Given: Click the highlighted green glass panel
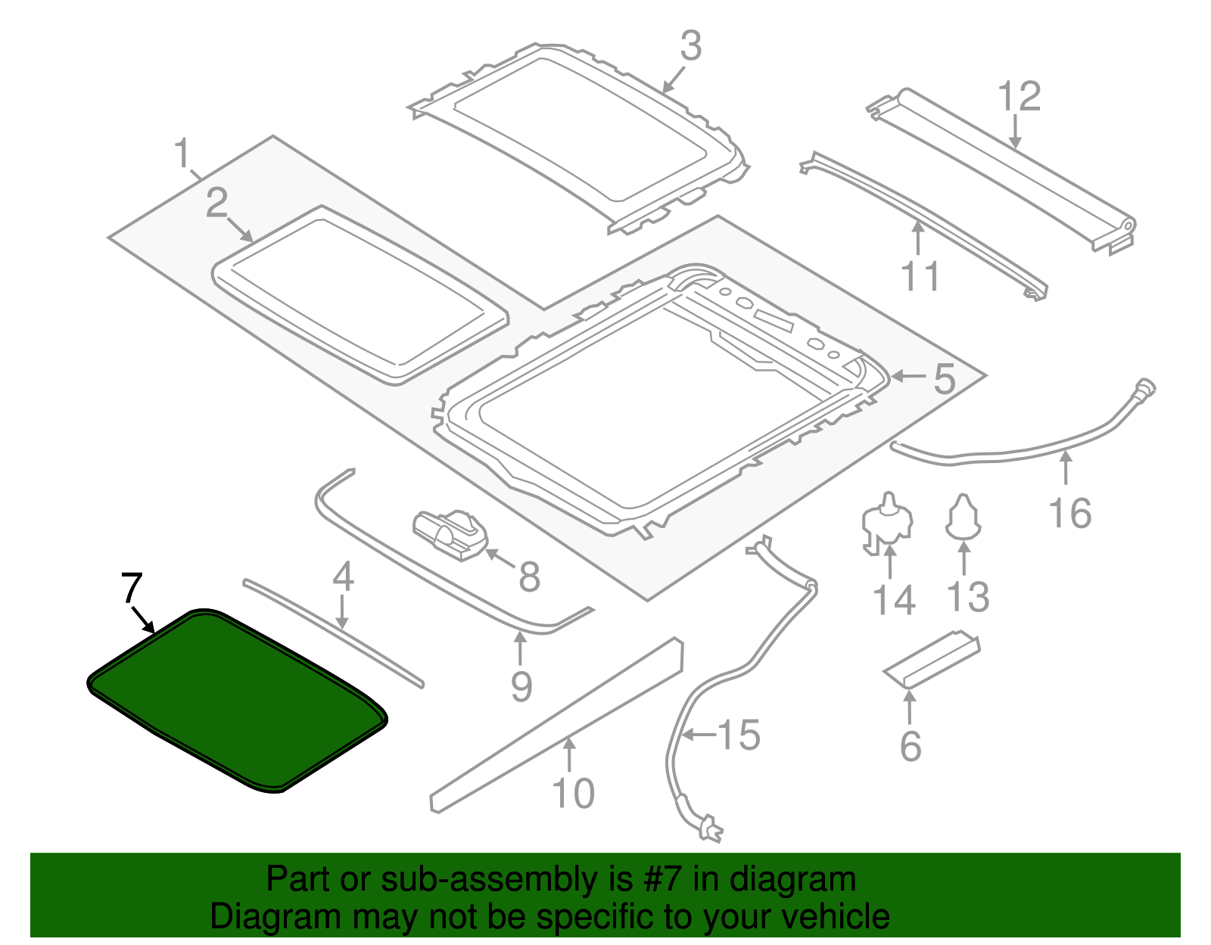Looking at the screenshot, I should coord(235,700).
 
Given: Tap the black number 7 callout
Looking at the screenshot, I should coord(131,588).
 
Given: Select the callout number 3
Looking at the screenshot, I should coord(690,47).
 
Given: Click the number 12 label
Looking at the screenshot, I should coord(1019,97).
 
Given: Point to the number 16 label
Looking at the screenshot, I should coord(1070,514).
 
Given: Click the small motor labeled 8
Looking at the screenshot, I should coord(450,533).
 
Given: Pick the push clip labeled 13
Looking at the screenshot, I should coord(964,517).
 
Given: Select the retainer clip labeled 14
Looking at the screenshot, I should coord(888,522).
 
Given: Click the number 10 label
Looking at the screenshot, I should coord(573,794).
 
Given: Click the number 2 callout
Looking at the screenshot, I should coord(216,203).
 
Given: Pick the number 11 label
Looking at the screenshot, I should coord(920,276).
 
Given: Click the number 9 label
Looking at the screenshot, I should coord(521,686).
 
